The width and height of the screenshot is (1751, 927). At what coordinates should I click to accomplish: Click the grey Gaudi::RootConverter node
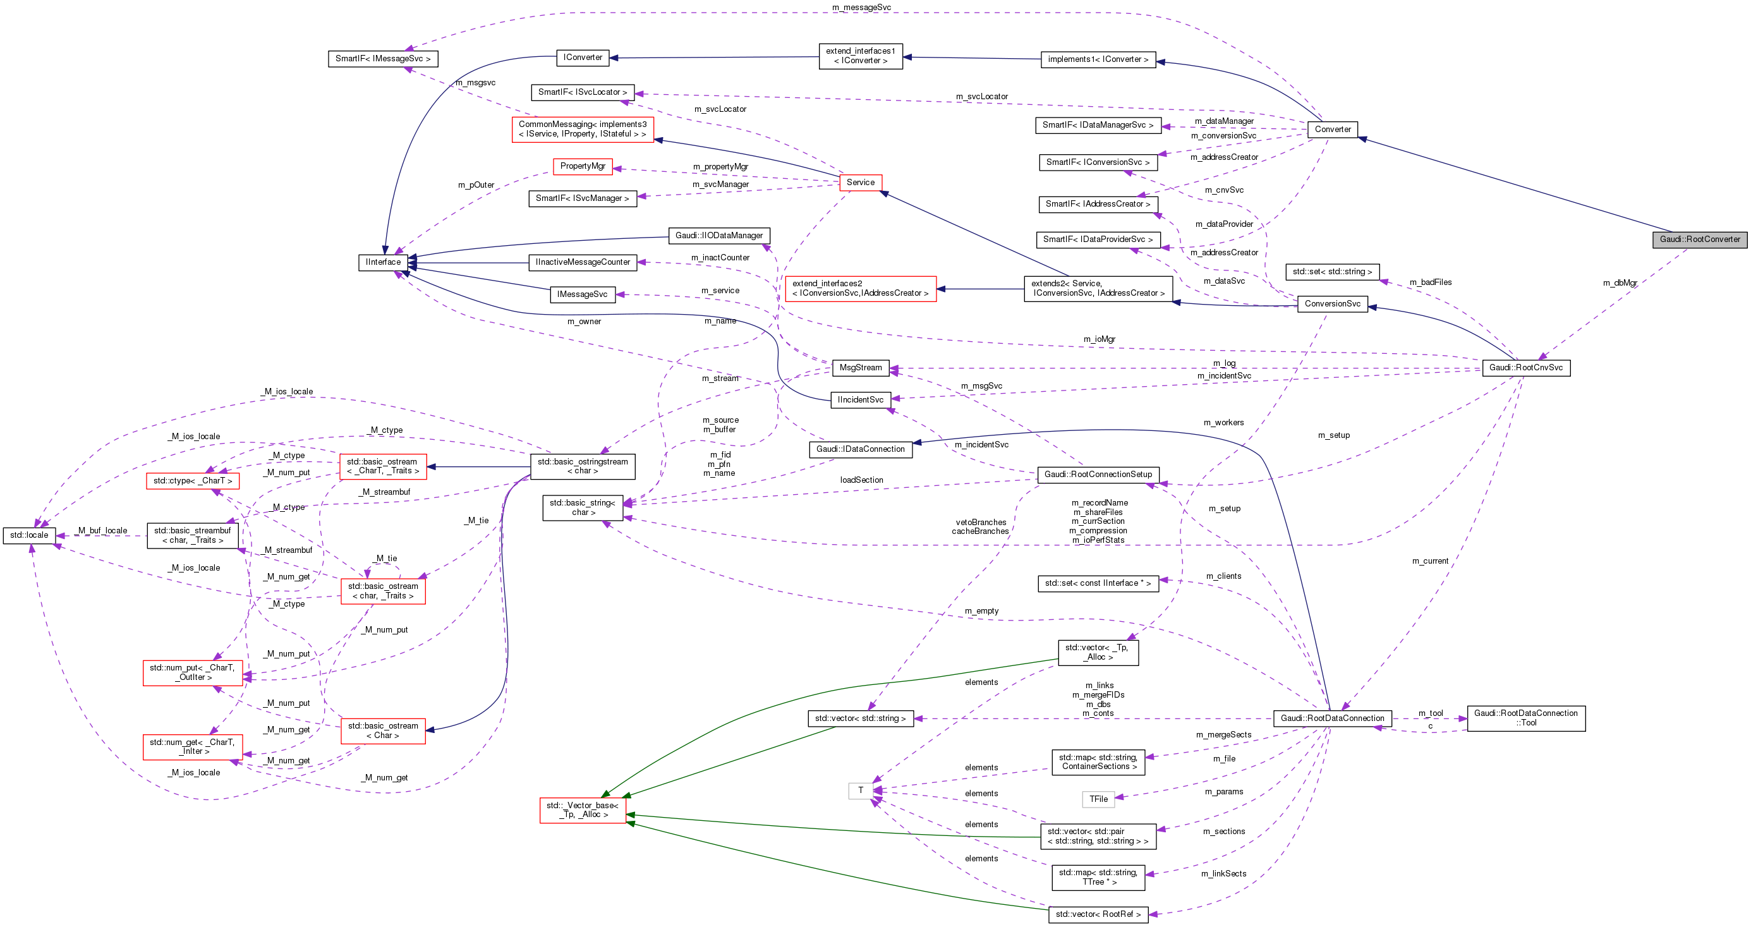click(1699, 239)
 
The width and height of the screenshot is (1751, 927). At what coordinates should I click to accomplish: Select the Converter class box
click(1332, 129)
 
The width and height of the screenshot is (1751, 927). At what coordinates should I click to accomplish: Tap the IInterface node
click(384, 262)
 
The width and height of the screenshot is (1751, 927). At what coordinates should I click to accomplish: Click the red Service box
click(861, 182)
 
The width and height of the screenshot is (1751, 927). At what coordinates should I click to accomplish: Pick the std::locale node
click(28, 536)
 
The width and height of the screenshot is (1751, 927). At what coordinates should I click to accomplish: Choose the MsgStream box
click(861, 368)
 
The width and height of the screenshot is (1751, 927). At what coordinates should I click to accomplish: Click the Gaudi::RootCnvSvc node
click(1526, 368)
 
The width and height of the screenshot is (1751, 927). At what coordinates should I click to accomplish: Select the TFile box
click(1098, 799)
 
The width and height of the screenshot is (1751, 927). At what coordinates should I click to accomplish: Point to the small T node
click(861, 791)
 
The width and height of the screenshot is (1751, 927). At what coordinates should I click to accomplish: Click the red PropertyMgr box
click(583, 167)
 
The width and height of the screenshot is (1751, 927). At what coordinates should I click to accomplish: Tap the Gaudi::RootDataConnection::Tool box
click(1526, 718)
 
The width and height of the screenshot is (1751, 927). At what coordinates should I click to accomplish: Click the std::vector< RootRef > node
click(1098, 915)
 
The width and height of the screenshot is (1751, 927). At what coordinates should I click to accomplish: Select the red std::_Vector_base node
click(583, 810)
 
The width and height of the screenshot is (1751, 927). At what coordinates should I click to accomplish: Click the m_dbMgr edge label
click(1619, 283)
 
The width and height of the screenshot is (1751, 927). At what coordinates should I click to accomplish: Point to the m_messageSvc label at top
click(861, 8)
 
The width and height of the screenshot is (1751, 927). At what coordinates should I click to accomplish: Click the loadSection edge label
click(861, 480)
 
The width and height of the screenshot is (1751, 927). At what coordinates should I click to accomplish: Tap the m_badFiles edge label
click(1430, 282)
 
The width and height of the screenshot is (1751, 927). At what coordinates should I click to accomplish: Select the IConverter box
click(583, 58)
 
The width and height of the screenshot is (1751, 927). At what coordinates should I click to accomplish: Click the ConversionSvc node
click(1332, 304)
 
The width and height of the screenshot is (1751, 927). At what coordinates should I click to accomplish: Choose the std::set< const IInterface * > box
click(1098, 584)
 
